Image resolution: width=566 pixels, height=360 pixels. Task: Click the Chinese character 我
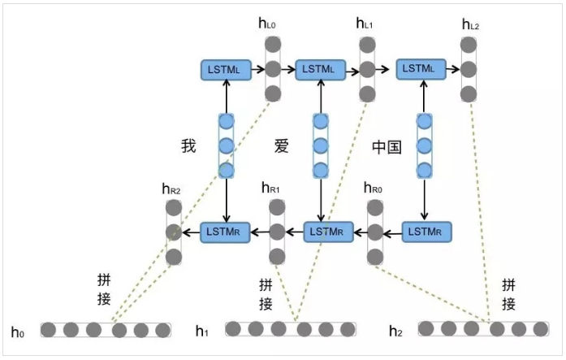click(x=189, y=146)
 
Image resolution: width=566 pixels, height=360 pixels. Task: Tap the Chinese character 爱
click(x=281, y=146)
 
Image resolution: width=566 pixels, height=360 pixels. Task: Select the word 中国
click(x=387, y=147)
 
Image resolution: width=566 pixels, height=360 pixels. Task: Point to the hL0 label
click(x=268, y=24)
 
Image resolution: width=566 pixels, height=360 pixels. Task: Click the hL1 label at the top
click(x=365, y=24)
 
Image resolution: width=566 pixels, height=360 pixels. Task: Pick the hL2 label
click(x=470, y=25)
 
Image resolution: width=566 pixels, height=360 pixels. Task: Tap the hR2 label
click(x=171, y=189)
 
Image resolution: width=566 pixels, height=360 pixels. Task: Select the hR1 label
click(x=270, y=189)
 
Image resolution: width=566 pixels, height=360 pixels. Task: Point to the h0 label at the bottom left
click(x=19, y=332)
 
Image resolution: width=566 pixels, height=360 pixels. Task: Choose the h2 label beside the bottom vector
click(x=396, y=331)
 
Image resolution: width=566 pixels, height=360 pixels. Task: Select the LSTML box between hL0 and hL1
click(x=321, y=69)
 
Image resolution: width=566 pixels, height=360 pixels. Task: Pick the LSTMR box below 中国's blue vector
click(x=426, y=232)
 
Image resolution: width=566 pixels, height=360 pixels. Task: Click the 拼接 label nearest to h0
click(x=104, y=288)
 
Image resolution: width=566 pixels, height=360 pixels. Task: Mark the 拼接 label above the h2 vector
click(x=508, y=294)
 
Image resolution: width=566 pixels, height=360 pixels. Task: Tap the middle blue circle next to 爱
click(x=321, y=146)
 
